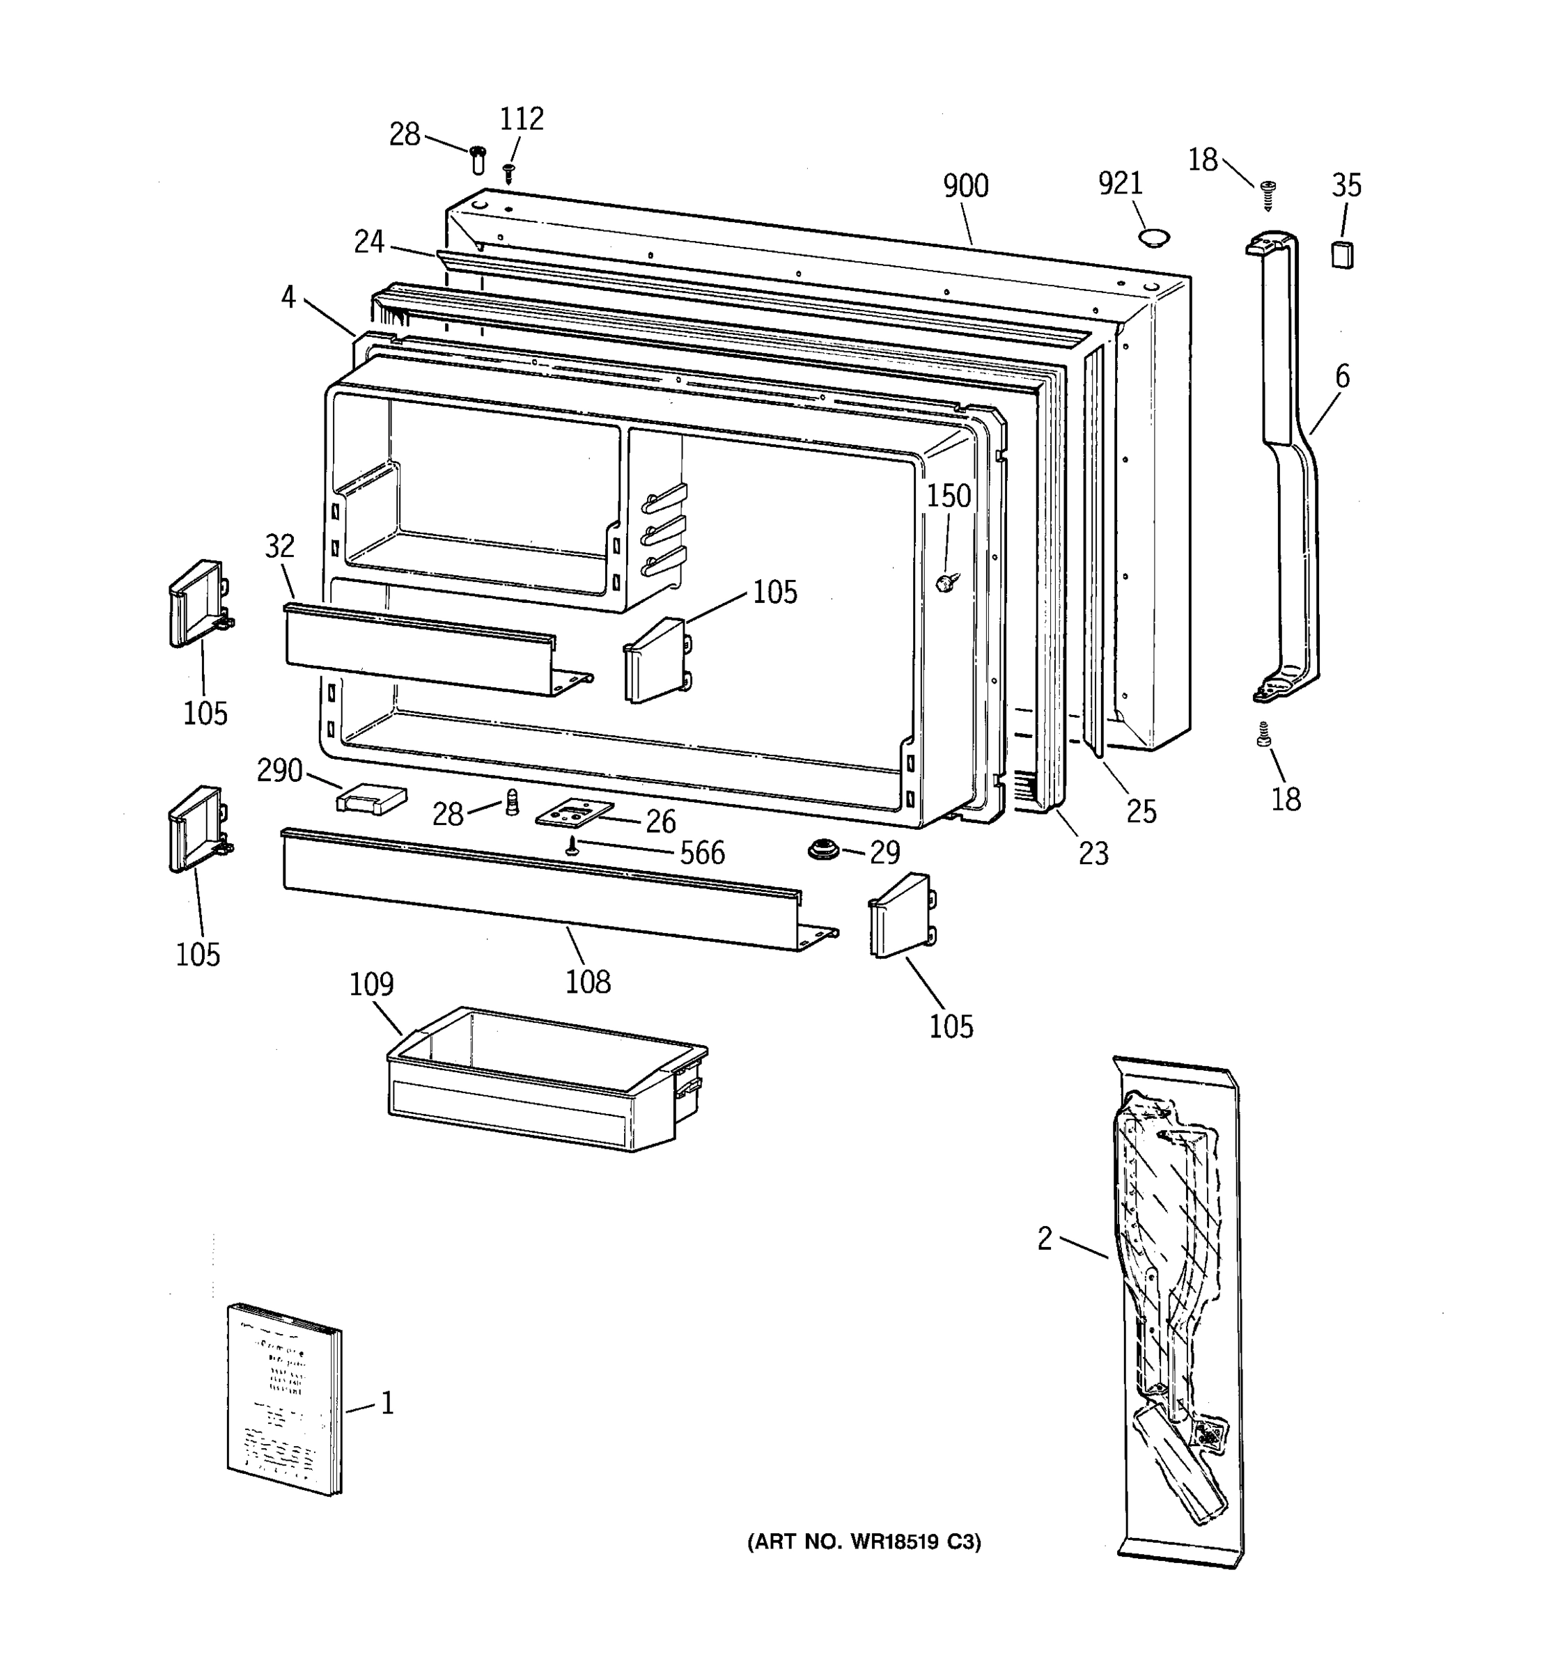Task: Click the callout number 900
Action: click(x=965, y=186)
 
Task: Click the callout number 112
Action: click(x=521, y=119)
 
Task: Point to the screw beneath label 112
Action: click(x=508, y=174)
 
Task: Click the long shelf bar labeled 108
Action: click(x=538, y=891)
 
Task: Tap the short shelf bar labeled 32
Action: click(x=421, y=648)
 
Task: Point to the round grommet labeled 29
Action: click(x=823, y=850)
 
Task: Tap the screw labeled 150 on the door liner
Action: click(x=947, y=581)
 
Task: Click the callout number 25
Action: click(x=1141, y=811)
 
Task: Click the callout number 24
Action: click(x=369, y=242)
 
